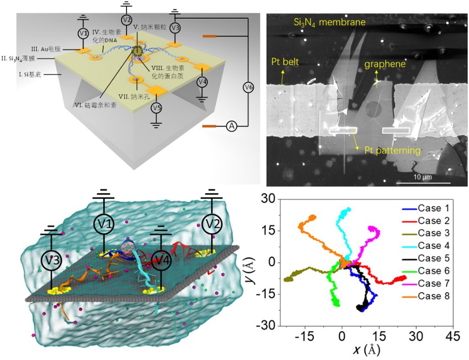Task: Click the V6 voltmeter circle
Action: coord(249,86)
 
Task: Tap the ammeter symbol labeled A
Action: coord(231,125)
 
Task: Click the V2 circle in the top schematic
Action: coord(126,20)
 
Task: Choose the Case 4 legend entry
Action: coord(430,246)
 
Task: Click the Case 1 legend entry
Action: coord(430,208)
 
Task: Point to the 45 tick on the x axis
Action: coord(452,337)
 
